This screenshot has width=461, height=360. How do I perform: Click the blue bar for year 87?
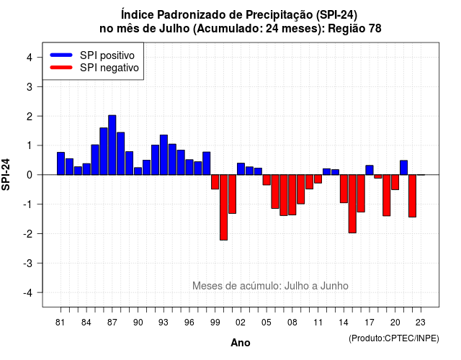112,145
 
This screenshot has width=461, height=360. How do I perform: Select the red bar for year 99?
215,182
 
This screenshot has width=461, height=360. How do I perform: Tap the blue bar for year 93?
164,155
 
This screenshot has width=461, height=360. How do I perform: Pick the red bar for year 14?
344,189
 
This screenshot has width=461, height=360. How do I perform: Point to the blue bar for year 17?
370,170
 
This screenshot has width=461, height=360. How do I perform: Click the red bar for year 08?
292,195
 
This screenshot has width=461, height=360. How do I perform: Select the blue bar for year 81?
61,163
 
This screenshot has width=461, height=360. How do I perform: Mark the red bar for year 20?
395,182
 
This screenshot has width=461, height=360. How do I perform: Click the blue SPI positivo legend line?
61,55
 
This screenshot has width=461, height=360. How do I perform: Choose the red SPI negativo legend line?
61,67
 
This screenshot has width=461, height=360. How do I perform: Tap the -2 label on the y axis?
28,234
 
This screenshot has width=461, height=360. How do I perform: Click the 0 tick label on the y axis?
30,175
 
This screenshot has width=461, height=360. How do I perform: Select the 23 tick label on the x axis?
421,323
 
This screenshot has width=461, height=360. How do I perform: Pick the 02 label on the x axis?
241,323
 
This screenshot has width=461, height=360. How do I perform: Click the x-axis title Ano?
241,343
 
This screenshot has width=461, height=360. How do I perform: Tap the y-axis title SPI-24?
6,174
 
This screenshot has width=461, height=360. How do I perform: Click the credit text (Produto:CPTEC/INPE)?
394,338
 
